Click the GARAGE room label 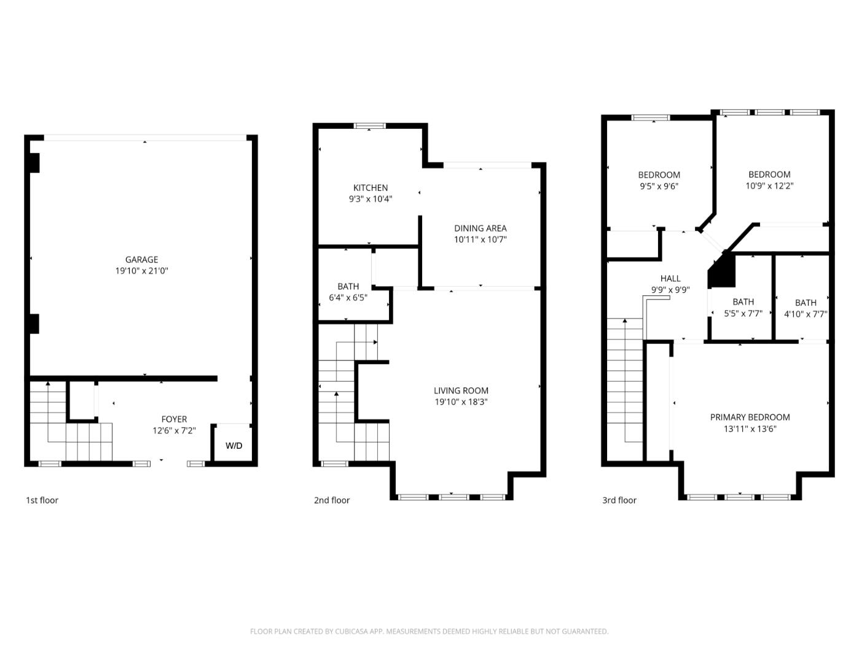(x=141, y=260)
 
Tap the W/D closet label (x=233, y=446)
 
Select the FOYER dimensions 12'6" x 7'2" (x=174, y=431)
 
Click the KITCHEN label (x=371, y=188)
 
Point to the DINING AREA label (x=480, y=228)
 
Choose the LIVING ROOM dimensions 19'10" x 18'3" (x=461, y=402)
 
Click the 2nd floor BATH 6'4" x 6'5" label (x=348, y=287)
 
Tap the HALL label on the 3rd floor (x=670, y=279)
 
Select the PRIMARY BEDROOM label (x=750, y=417)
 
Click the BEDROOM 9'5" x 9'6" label (x=659, y=175)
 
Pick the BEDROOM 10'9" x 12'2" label (x=769, y=174)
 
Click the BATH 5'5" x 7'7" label (x=743, y=302)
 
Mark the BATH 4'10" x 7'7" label (x=806, y=303)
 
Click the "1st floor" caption (x=42, y=500)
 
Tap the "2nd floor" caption (x=332, y=500)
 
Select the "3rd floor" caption (x=619, y=500)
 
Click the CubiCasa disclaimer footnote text (x=429, y=631)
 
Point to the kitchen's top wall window (x=370, y=126)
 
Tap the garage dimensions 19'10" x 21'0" (x=141, y=271)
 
